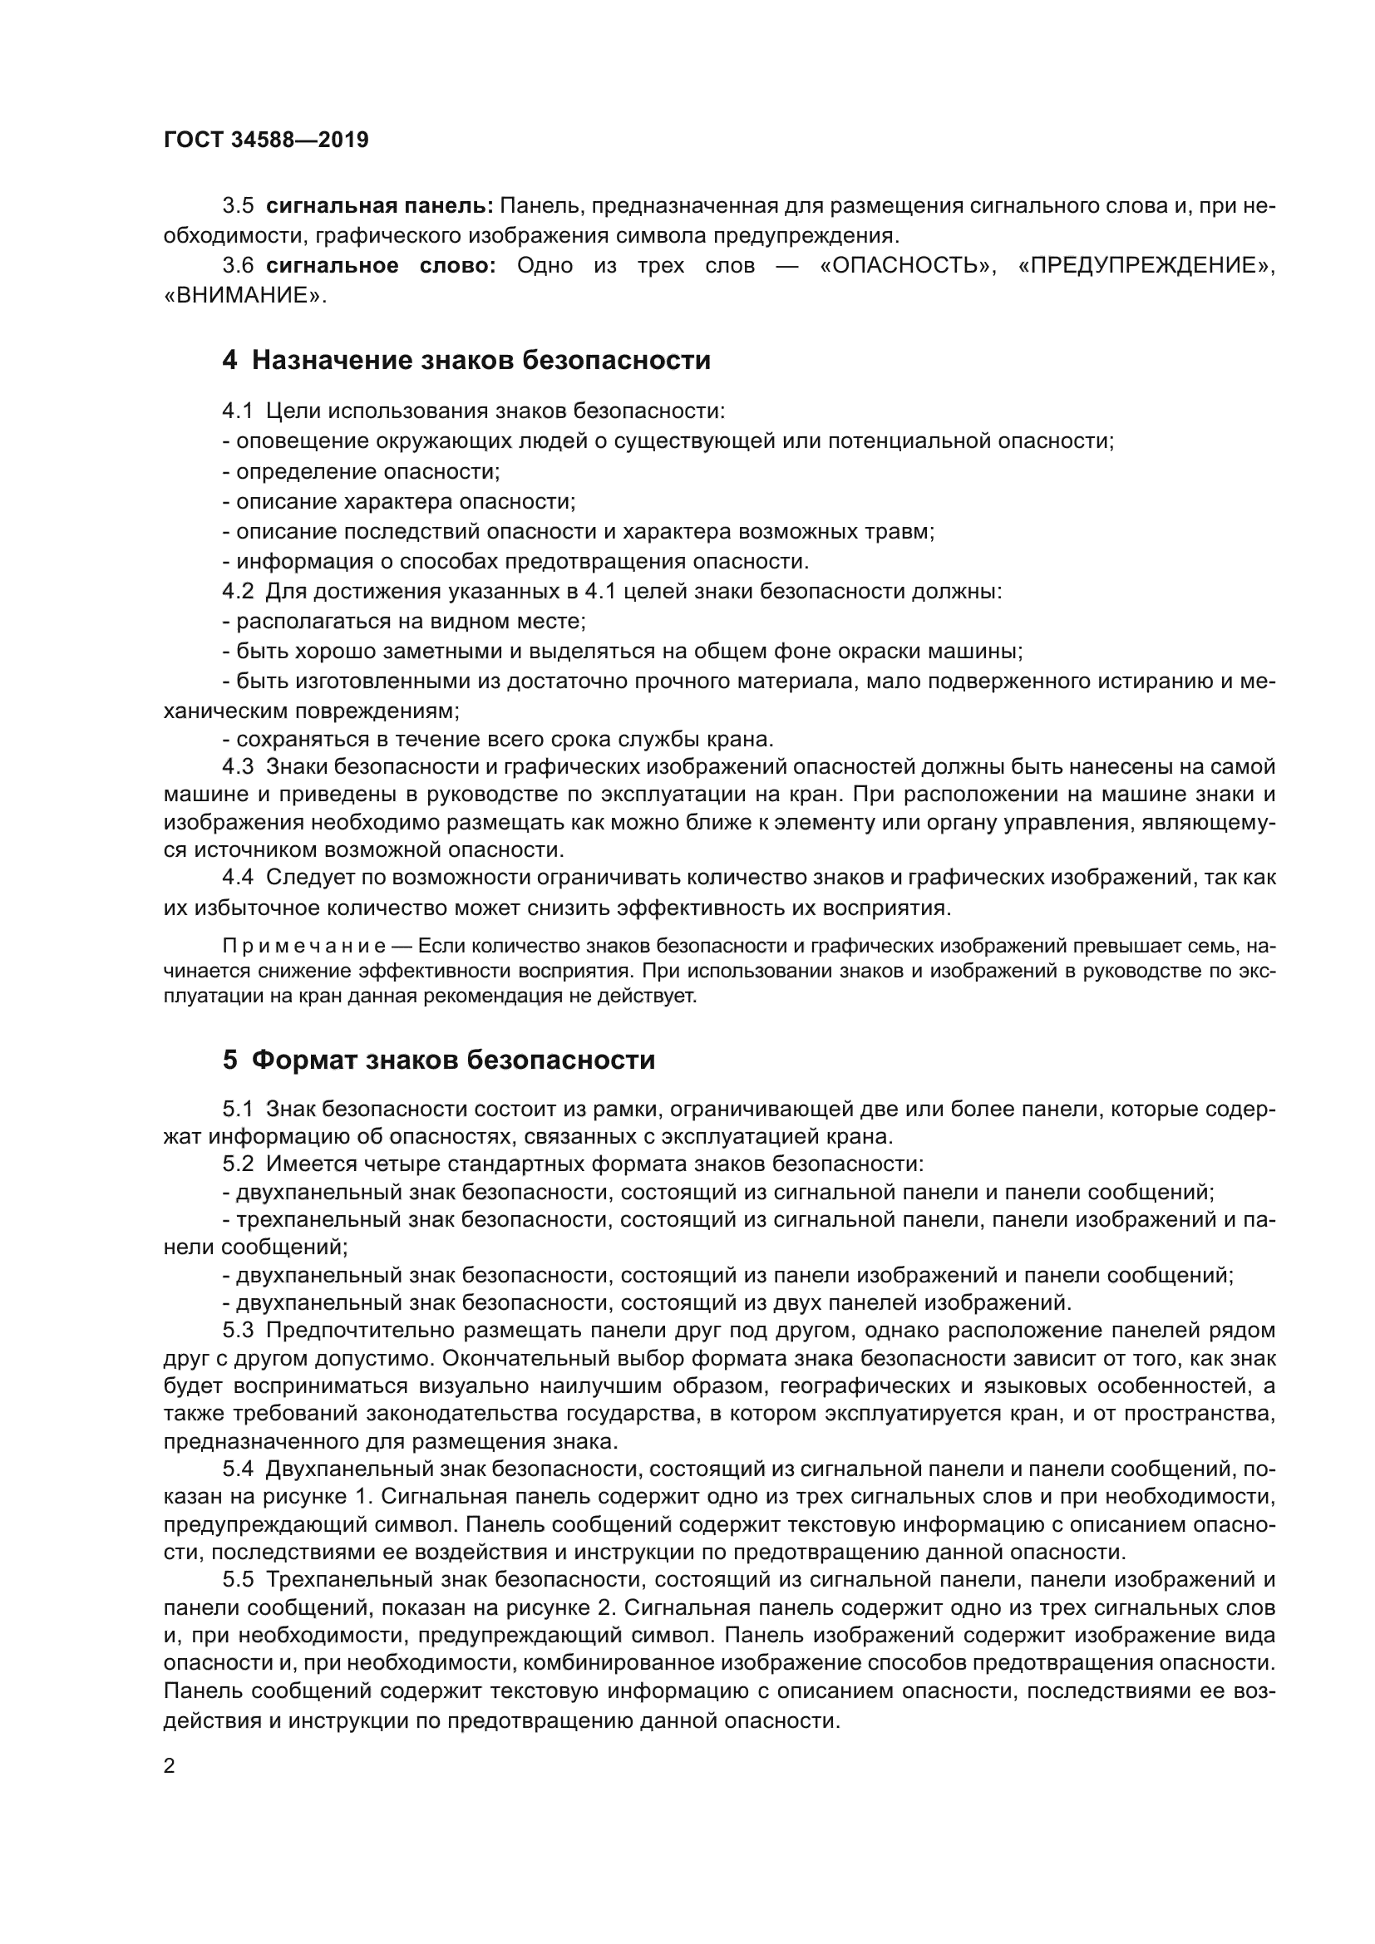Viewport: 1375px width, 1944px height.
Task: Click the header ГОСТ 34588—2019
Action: [266, 140]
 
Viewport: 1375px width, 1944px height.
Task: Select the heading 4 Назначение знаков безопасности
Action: [466, 361]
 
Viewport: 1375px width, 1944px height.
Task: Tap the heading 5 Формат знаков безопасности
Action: [439, 1060]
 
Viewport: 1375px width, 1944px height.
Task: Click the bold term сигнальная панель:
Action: [379, 206]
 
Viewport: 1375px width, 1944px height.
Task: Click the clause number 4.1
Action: [238, 411]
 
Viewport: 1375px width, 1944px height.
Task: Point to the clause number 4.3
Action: [238, 767]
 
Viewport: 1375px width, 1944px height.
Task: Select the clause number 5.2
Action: [238, 1164]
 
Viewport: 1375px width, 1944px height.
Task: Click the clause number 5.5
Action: [238, 1580]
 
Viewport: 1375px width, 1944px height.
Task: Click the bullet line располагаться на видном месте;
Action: [405, 622]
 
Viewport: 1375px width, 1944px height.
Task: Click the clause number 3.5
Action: [238, 206]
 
